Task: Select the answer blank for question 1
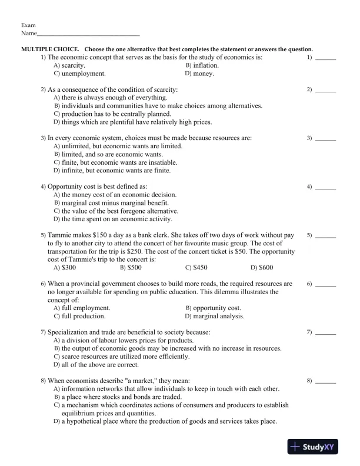[326, 59]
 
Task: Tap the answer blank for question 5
[326, 236]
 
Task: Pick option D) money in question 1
[199, 74]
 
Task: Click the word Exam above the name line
[28, 25]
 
